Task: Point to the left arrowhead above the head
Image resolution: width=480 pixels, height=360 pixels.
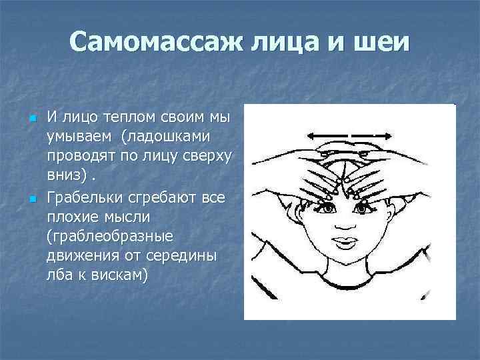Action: (311, 135)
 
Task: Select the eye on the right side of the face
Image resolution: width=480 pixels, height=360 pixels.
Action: (363, 209)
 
